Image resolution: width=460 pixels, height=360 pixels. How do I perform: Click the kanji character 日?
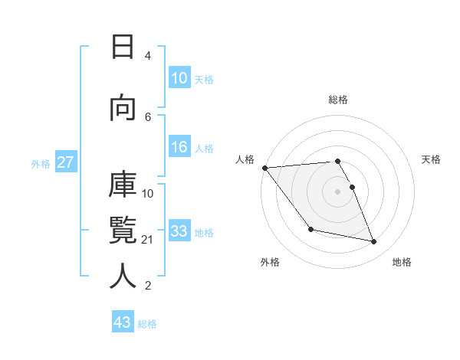coord(122,47)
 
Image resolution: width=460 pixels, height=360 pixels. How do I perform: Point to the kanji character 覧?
coord(122,231)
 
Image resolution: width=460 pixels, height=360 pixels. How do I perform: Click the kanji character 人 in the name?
coord(122,276)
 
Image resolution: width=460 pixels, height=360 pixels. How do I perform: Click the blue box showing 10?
coord(179,78)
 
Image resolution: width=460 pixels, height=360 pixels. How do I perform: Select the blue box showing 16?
coord(179,148)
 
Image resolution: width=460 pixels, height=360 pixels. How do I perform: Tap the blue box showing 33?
coord(179,231)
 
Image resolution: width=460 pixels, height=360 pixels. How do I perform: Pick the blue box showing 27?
coord(65,163)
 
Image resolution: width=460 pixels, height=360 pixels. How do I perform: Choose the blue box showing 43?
coord(123,322)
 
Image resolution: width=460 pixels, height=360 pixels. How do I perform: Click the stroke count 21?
coord(148,240)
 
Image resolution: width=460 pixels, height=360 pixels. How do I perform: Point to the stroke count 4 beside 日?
coord(148,56)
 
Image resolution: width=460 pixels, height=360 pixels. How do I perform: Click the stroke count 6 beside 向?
coord(148,116)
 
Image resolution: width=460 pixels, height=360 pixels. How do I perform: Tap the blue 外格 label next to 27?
coord(41,164)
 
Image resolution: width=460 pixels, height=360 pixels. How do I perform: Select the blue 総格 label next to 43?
coord(147,323)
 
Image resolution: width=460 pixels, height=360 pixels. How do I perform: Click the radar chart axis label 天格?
coord(432,159)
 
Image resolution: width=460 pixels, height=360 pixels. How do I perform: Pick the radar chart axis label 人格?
coord(245,159)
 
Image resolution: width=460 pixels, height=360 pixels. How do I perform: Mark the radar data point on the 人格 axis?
coord(264,168)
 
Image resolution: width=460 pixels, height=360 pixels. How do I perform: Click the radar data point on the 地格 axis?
coord(374,242)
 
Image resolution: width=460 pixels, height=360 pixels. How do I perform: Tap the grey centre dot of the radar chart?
coord(337,191)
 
